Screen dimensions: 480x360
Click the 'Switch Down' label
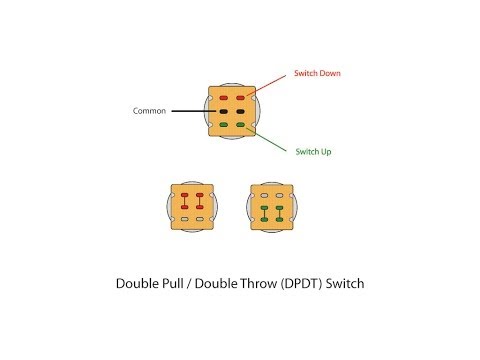coord(317,74)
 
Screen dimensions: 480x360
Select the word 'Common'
coord(149,111)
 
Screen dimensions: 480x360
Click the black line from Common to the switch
coord(190,111)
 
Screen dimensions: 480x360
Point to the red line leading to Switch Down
coord(267,87)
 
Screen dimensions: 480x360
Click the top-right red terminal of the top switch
coord(240,97)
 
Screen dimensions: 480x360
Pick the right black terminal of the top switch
coord(240,111)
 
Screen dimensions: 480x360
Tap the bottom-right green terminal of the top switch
coord(240,125)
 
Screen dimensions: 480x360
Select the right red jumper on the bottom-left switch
coord(200,198)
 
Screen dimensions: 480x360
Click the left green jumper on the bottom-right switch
coord(264,212)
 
